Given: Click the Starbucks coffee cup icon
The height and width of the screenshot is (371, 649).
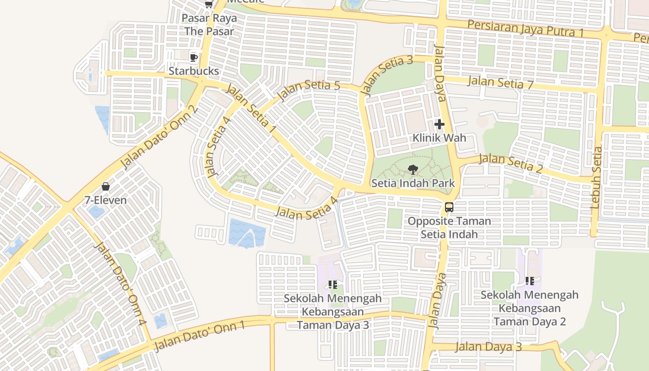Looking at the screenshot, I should (x=194, y=58).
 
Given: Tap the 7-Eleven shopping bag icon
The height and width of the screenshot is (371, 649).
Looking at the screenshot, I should (x=106, y=186).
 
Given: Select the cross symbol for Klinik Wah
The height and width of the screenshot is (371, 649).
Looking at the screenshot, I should (x=439, y=124).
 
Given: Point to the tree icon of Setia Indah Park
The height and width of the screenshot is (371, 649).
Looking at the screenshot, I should (x=413, y=170).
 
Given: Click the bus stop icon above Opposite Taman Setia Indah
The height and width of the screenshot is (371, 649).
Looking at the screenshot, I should (x=449, y=207).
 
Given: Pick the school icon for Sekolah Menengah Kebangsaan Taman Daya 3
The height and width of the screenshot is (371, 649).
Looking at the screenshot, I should (x=332, y=284).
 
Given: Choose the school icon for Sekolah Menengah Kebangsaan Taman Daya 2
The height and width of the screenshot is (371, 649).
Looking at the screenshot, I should (x=530, y=281).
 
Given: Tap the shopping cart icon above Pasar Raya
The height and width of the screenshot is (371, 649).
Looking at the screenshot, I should (x=209, y=4).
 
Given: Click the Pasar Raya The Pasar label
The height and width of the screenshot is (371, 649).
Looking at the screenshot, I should (x=209, y=25).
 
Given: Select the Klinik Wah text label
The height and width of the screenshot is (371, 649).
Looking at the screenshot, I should (x=439, y=138).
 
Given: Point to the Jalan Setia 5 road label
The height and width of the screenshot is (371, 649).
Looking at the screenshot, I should (x=309, y=91).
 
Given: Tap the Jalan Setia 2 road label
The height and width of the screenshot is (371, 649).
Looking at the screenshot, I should (x=510, y=163).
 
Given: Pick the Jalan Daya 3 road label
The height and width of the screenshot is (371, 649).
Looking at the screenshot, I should (x=488, y=347).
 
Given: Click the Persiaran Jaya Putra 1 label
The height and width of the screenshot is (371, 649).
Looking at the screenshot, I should (x=525, y=29).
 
